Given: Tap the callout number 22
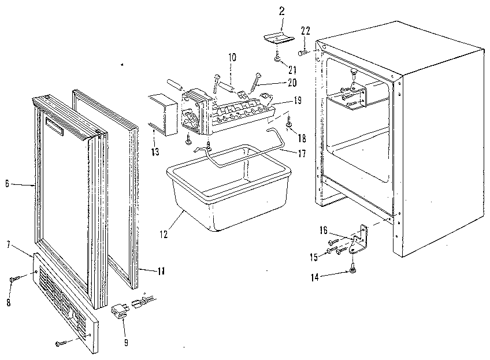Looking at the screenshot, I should tap(306, 31).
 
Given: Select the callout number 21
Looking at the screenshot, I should tap(284, 69).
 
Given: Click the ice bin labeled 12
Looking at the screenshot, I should tap(228, 191).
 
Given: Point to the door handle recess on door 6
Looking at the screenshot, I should tap(54, 128).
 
